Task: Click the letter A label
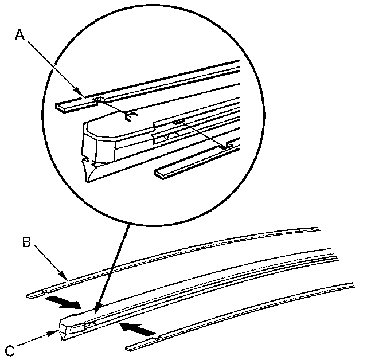pos(20,35)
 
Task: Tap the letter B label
pos(26,242)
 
